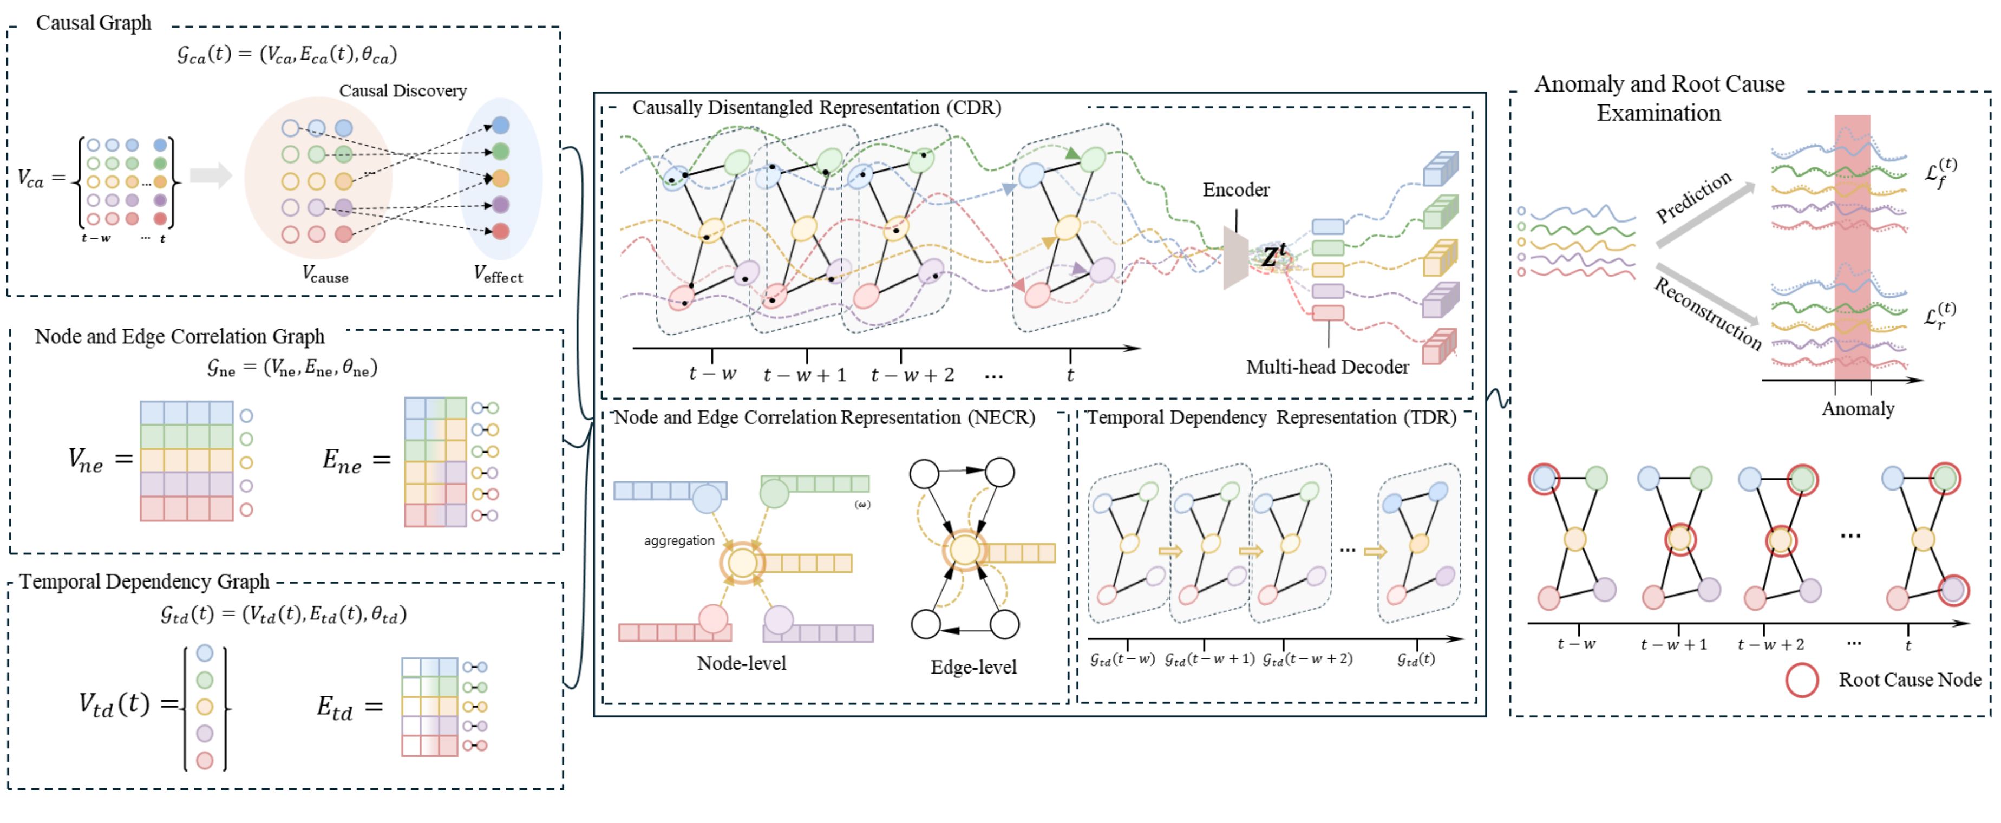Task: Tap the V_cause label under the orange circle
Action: (x=325, y=273)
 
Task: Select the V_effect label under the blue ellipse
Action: (x=498, y=273)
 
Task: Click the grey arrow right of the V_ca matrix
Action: (x=211, y=175)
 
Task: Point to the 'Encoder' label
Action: (x=1236, y=190)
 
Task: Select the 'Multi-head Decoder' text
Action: (x=1327, y=367)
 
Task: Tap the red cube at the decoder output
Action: (x=1438, y=348)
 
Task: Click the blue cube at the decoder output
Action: (x=1440, y=168)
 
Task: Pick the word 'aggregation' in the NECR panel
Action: (x=679, y=541)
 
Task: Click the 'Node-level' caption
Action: (x=741, y=663)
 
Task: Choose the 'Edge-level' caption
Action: (x=973, y=667)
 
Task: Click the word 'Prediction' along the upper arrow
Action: (x=1693, y=196)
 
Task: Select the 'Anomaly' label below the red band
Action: (x=1858, y=409)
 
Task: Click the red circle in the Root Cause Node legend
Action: (x=1801, y=680)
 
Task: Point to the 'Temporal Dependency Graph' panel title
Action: (x=145, y=582)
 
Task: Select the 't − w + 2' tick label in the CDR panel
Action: (x=912, y=375)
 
